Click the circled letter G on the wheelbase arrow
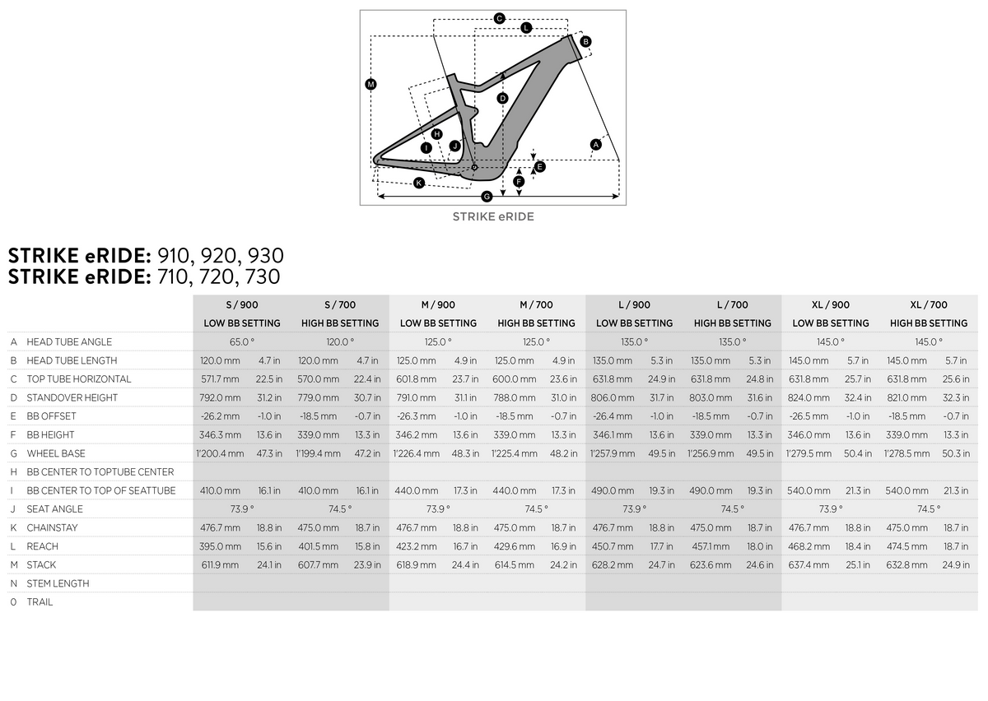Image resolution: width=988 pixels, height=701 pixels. [487, 196]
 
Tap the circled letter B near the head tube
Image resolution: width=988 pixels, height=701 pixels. [585, 41]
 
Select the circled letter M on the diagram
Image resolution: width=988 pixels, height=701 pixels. [370, 84]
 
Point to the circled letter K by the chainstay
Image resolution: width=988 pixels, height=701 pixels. [418, 183]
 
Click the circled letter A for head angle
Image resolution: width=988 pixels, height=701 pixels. [595, 144]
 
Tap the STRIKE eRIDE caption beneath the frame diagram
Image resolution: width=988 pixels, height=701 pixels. [493, 216]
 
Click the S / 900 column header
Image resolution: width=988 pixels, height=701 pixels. [242, 304]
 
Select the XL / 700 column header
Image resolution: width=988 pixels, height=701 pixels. [929, 304]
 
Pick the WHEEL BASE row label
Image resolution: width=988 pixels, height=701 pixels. [56, 453]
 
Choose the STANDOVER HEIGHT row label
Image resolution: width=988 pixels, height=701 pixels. [72, 397]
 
